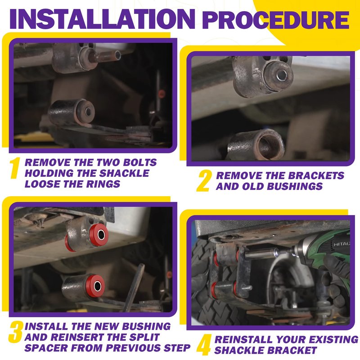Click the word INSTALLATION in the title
pyautogui.click(x=103, y=18)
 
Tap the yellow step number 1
pyautogui.click(x=14, y=168)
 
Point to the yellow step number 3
pyautogui.click(x=16, y=332)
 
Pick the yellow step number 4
pyautogui.click(x=204, y=345)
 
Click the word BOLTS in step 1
pyautogui.click(x=140, y=162)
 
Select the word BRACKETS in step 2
pyautogui.click(x=316, y=175)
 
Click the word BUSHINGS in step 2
pyautogui.click(x=295, y=186)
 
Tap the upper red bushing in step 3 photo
pyautogui.click(x=99, y=234)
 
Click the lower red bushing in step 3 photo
pyautogui.click(x=96, y=286)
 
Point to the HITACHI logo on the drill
pyautogui.click(x=342, y=244)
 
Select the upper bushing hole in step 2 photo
pyautogui.click(x=282, y=75)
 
